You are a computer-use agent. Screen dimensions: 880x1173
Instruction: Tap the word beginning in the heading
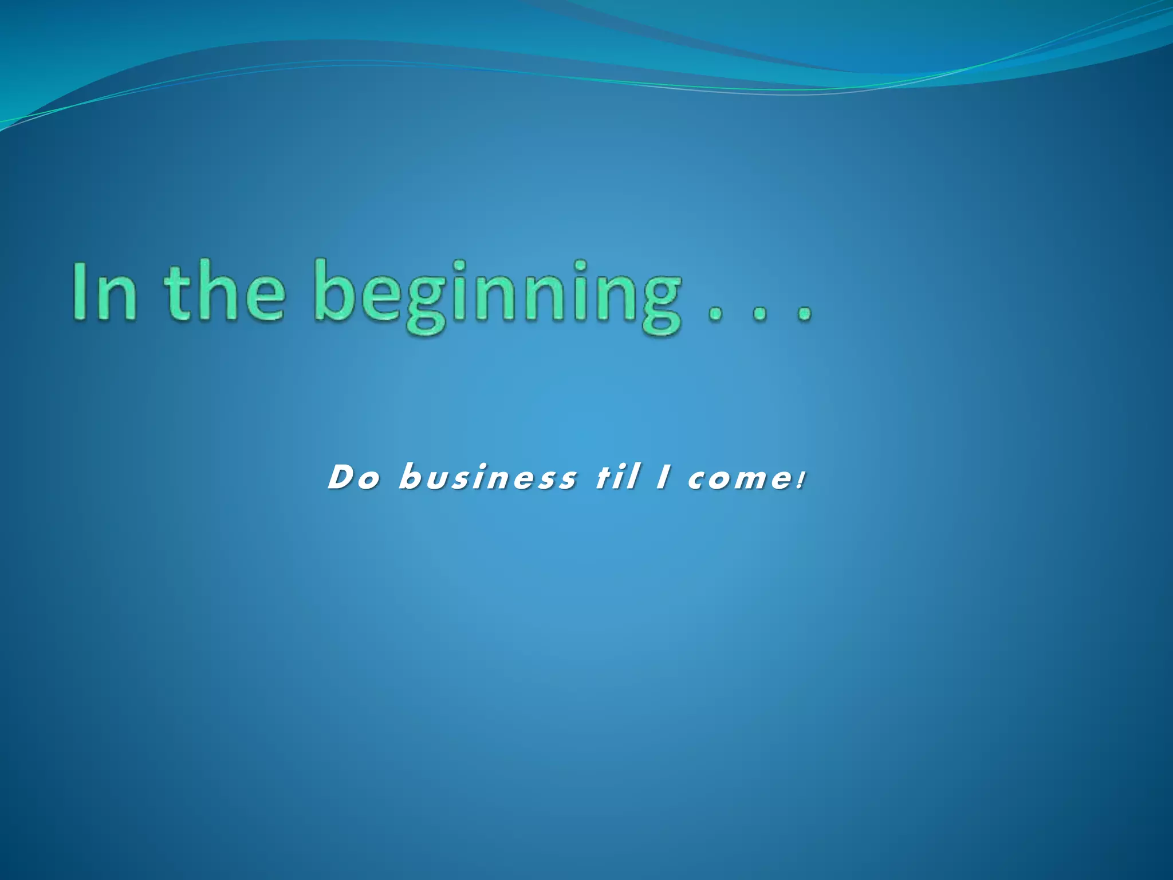pos(498,295)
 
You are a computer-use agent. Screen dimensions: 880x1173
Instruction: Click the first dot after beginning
pos(715,315)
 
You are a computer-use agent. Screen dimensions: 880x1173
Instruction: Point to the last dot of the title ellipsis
pos(805,315)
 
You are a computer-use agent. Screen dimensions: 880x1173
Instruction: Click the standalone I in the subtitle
pos(663,477)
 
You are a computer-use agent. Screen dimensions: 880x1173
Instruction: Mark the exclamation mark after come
pos(801,479)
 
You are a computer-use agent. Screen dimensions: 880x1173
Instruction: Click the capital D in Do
pos(341,477)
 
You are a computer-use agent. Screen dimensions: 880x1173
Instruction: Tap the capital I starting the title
pos(80,291)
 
